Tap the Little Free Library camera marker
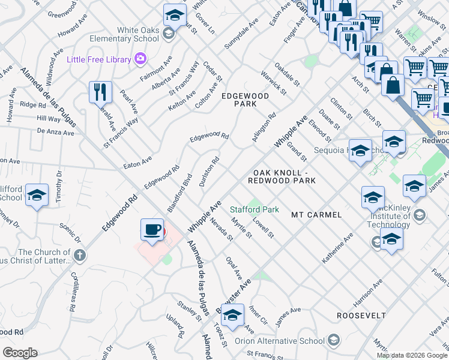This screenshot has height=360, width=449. [140, 59]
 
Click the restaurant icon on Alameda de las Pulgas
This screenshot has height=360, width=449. [100, 92]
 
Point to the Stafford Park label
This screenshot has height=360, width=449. [255, 210]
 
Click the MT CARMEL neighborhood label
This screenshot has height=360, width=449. [316, 214]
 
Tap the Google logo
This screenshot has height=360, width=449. [20, 352]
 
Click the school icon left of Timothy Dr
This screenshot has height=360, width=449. [37, 195]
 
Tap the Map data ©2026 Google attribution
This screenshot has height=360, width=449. [412, 355]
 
